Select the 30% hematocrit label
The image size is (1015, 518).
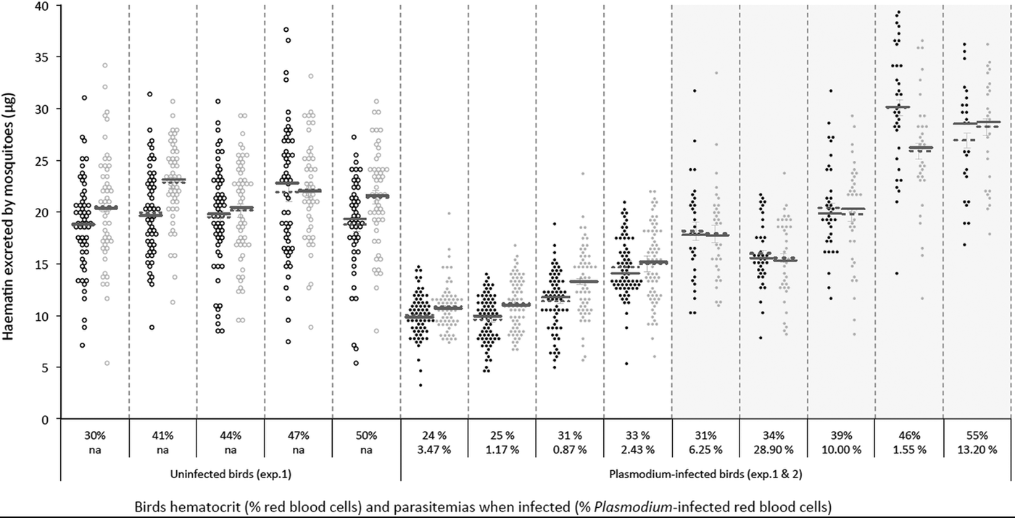(x=95, y=436)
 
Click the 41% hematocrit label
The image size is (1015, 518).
(x=162, y=436)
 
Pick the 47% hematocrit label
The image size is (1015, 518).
(x=298, y=436)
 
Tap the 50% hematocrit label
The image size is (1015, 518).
(x=366, y=436)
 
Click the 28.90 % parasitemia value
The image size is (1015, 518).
(x=773, y=450)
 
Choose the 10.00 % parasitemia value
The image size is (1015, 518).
(x=841, y=450)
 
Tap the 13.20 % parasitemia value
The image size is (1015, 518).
(x=977, y=450)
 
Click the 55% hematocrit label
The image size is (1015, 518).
(x=977, y=436)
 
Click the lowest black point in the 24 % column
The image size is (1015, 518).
(x=420, y=385)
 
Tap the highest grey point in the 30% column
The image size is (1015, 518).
(x=104, y=65)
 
